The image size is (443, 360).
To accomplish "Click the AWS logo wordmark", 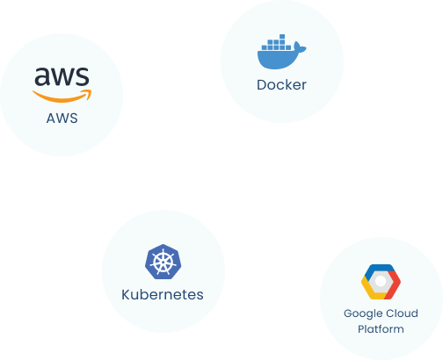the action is pyautogui.click(x=62, y=76).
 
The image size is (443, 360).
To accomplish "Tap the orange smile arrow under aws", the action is pyautogui.click(x=62, y=98).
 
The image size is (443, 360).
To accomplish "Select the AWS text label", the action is pyautogui.click(x=62, y=119).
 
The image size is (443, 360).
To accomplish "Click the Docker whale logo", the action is pyautogui.click(x=281, y=52).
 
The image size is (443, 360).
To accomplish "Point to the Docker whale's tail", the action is pyautogui.click(x=300, y=47).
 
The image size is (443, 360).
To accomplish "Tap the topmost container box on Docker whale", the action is pyautogui.click(x=282, y=37).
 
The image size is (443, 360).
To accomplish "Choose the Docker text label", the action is pyautogui.click(x=281, y=85).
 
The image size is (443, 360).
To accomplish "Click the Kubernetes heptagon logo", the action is pyautogui.click(x=163, y=262).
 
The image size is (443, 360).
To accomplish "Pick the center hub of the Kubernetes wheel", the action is pyautogui.click(x=163, y=263).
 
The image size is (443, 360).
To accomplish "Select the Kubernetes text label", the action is pyautogui.click(x=163, y=295).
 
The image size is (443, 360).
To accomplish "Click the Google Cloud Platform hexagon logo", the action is pyautogui.click(x=381, y=282).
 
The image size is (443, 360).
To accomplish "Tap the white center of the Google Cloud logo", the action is pyautogui.click(x=381, y=281).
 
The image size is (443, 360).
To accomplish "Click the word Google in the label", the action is pyautogui.click(x=362, y=314).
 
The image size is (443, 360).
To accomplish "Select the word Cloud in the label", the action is pyautogui.click(x=401, y=313).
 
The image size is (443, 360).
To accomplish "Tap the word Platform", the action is pyautogui.click(x=381, y=329).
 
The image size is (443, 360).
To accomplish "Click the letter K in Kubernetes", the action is pyautogui.click(x=126, y=295).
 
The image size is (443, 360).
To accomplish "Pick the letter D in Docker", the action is pyautogui.click(x=262, y=85).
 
